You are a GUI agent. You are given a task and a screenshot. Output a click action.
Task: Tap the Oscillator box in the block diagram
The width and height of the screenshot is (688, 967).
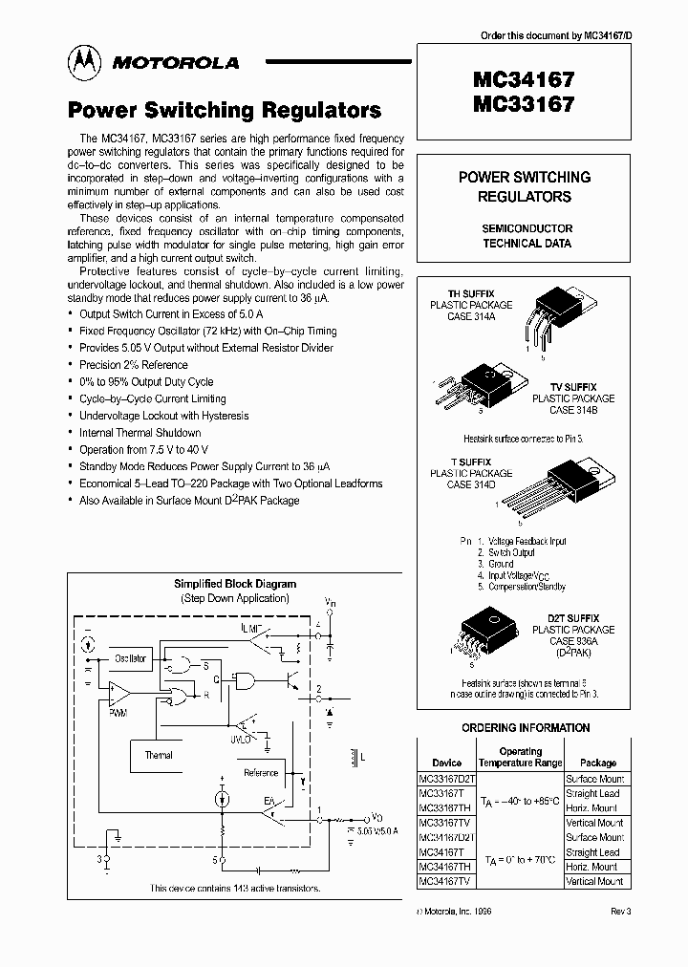click(x=131, y=658)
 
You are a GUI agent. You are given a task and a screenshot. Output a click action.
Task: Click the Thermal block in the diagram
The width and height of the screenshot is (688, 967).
click(x=159, y=755)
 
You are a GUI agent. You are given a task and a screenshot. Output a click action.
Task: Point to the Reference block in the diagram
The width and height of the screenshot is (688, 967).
click(x=261, y=772)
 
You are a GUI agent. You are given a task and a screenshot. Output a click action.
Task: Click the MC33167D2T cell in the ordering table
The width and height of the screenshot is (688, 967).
click(x=446, y=778)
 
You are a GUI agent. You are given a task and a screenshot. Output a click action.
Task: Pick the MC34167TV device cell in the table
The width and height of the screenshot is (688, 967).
click(x=445, y=881)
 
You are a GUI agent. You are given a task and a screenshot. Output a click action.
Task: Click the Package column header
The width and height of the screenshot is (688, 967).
click(x=598, y=763)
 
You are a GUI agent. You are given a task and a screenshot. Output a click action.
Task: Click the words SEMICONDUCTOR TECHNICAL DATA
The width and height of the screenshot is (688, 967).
click(x=527, y=236)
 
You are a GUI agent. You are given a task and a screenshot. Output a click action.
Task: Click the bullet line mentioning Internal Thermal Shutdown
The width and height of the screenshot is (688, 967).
click(x=140, y=432)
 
